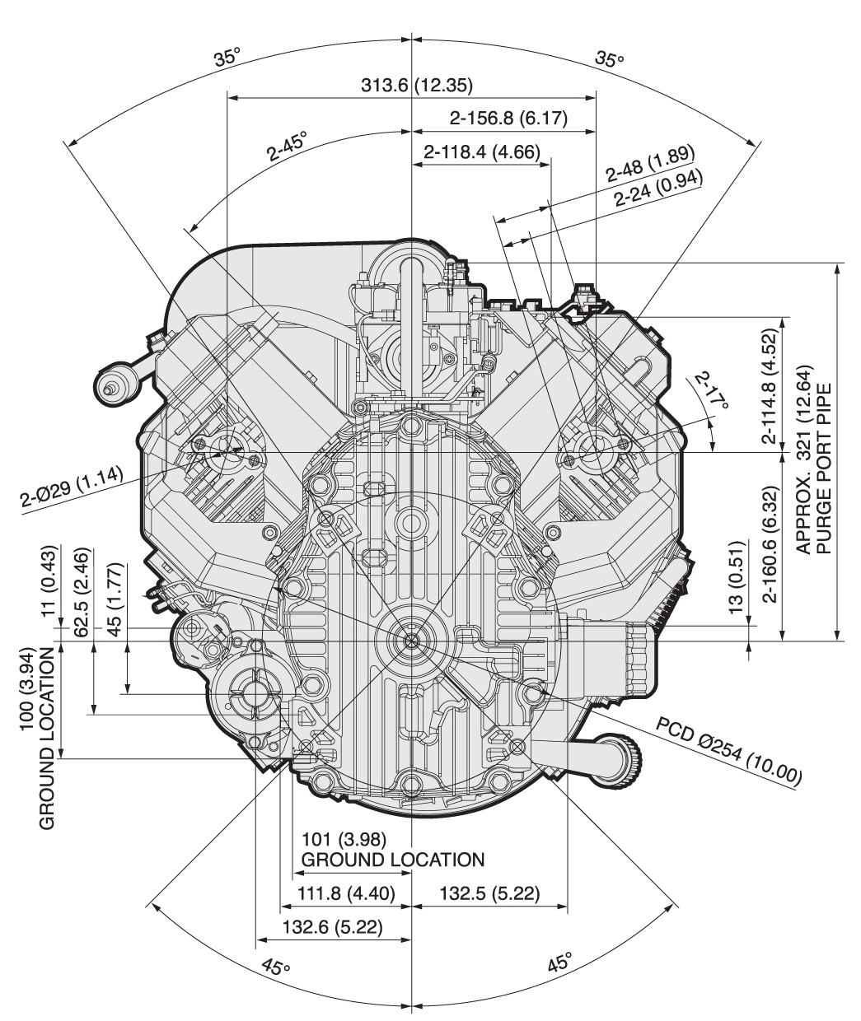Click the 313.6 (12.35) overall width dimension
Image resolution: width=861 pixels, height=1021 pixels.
[x=417, y=85]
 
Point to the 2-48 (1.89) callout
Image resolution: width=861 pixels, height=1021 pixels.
[x=650, y=166]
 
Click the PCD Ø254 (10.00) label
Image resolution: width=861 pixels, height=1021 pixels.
[x=728, y=750]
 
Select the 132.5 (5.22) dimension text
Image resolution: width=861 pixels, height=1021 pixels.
[x=491, y=893]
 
